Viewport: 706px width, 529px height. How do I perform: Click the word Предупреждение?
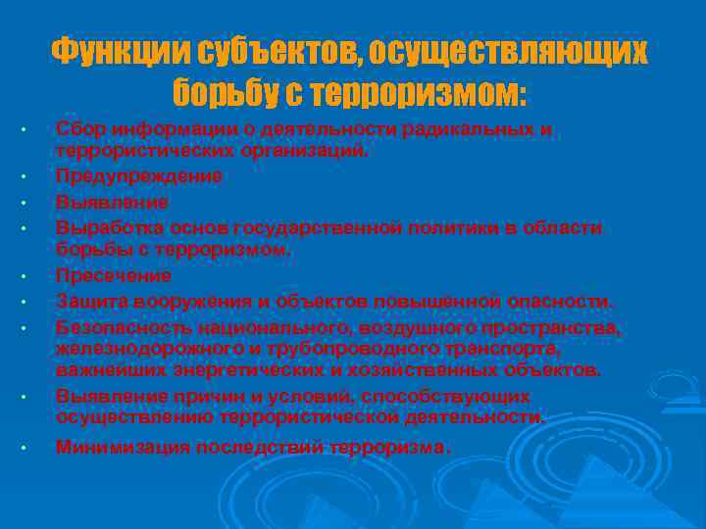139,175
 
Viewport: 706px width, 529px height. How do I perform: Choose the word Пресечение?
114,276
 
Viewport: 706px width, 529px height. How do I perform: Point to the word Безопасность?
124,325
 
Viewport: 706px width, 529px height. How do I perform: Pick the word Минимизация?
123,448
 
